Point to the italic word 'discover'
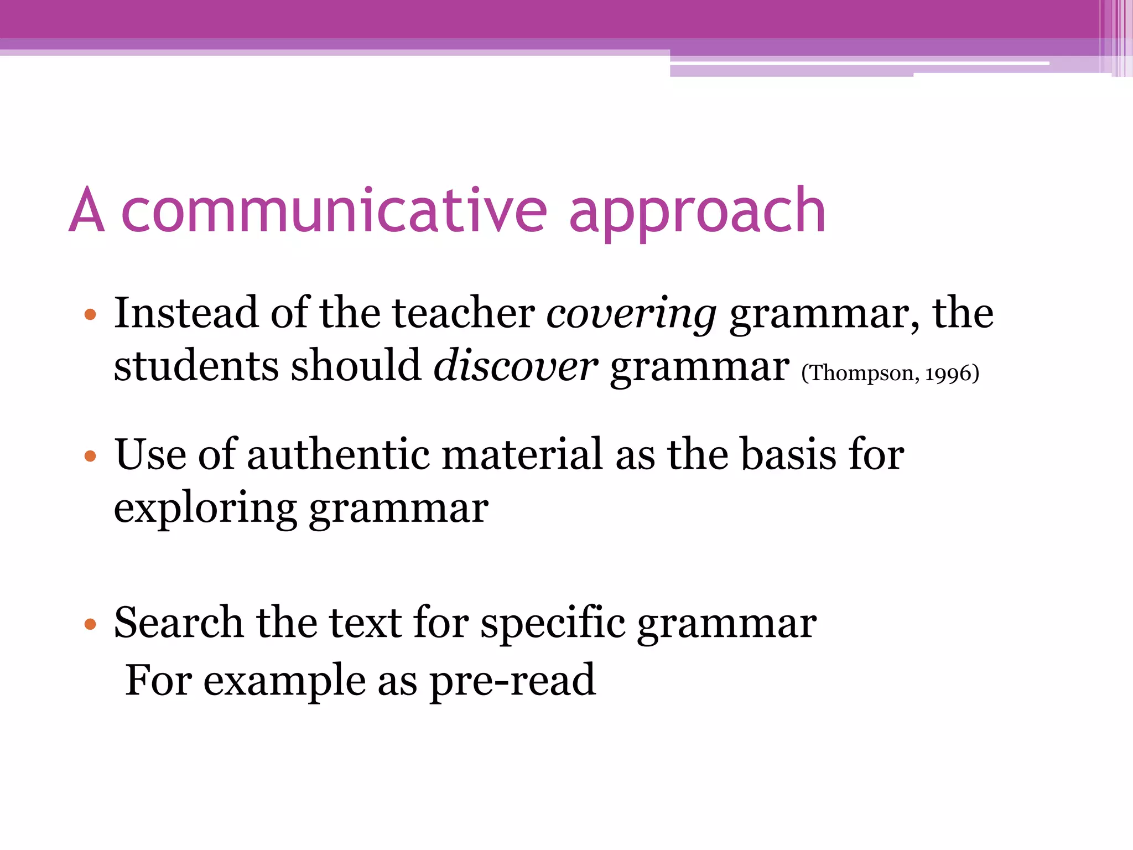[515, 366]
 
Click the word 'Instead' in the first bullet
[186, 313]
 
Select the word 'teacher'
[464, 313]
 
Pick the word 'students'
[196, 366]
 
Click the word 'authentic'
[338, 455]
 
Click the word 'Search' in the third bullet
[178, 623]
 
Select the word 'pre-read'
[513, 680]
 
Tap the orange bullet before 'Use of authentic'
[90, 457]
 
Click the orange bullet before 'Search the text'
[90, 625]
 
